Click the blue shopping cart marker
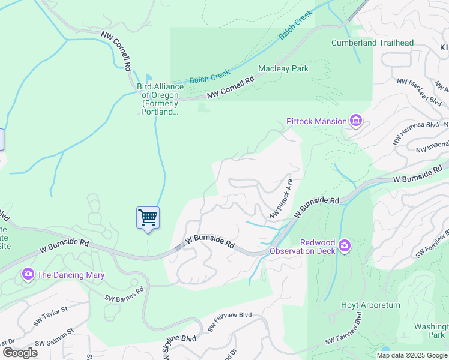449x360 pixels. (148, 218)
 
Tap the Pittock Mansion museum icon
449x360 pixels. (356, 121)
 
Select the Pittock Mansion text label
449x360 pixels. (316, 121)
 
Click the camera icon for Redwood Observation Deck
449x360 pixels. (344, 245)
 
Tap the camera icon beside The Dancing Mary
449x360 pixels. (28, 275)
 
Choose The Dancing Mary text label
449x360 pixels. (71, 275)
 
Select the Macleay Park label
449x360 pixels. (283, 68)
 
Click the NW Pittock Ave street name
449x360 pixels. (282, 198)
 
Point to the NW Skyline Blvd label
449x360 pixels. (171, 346)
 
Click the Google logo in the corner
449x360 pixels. (20, 353)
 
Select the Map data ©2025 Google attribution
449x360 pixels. (411, 355)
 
